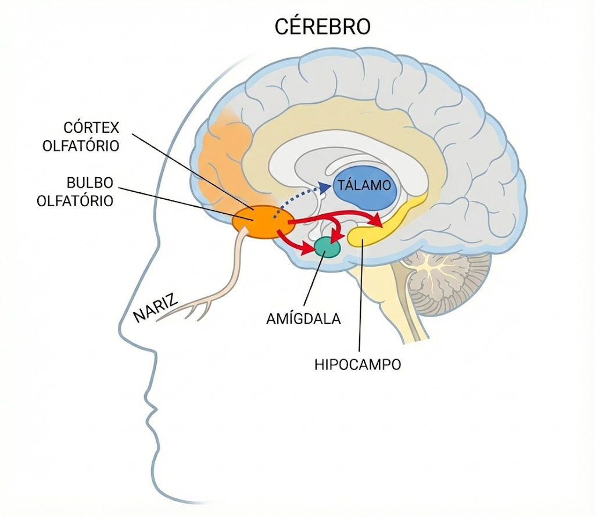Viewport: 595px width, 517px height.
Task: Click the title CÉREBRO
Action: pos(322,27)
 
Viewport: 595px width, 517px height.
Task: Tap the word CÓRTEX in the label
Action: pos(91,128)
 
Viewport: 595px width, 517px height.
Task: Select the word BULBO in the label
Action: pos(90,183)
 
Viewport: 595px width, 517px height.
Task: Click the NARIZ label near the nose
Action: pos(156,307)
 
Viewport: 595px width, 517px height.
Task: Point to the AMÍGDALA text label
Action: pos(303,319)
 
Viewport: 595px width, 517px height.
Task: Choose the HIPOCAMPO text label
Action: pos(358,365)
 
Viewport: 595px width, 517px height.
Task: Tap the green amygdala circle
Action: pos(328,247)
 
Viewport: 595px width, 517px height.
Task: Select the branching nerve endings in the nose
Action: pos(190,308)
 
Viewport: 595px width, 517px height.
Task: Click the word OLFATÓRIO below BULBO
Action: pos(75,200)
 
